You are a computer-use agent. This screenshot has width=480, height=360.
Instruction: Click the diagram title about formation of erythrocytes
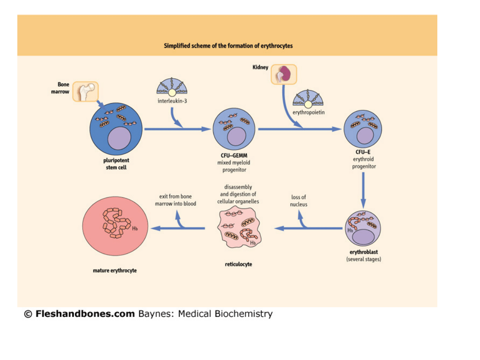point(228,46)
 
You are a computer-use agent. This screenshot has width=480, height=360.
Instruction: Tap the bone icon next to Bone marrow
point(85,92)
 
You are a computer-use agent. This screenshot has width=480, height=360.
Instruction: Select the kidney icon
point(284,74)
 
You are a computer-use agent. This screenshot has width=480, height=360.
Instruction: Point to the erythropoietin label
point(308,112)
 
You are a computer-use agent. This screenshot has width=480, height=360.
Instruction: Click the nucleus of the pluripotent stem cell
point(120,138)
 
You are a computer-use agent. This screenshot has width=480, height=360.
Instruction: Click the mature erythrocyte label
point(115,270)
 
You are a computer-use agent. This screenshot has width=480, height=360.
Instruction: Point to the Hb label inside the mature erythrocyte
point(134,228)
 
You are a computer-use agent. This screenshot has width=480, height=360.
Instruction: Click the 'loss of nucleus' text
point(299,200)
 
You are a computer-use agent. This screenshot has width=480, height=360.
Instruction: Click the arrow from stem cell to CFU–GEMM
point(178,129)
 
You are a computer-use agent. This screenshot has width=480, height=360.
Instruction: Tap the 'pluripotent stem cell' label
point(116,164)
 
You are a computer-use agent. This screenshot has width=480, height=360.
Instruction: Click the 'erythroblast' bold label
point(364,252)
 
